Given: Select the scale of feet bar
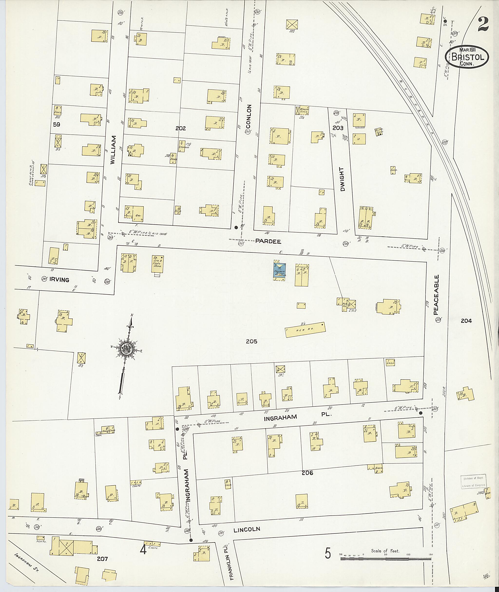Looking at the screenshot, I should click(x=386, y=559).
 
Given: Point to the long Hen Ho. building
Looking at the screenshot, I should click(x=305, y=330).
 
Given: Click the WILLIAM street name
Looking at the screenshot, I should click(x=113, y=150).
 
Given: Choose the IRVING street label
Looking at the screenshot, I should click(x=59, y=280).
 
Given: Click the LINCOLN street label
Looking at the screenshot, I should click(x=247, y=529).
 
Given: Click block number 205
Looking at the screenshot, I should click(x=251, y=341).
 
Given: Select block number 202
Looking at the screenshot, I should click(x=180, y=128).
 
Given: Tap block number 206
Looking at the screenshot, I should click(x=307, y=473).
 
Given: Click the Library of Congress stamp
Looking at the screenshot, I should click(x=473, y=481).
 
